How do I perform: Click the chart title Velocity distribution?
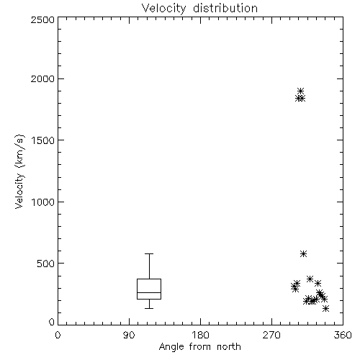click(x=199, y=9)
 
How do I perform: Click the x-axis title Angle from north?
click(x=199, y=347)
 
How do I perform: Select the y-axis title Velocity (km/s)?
click(x=19, y=171)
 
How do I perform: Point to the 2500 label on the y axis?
click(x=42, y=19)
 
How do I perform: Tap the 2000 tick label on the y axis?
click(x=42, y=78)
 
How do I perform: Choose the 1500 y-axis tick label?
click(x=43, y=140)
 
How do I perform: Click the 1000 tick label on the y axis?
click(x=43, y=202)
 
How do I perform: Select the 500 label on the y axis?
click(x=46, y=264)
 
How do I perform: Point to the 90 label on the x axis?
click(x=129, y=335)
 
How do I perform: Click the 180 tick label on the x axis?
click(x=200, y=335)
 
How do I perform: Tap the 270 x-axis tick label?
click(x=271, y=335)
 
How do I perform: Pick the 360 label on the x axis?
click(x=343, y=335)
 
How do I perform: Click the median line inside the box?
click(x=149, y=292)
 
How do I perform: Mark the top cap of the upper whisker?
click(x=149, y=253)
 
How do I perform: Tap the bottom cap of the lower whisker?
click(x=149, y=308)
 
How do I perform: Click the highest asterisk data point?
click(x=301, y=91)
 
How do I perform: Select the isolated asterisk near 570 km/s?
click(x=304, y=253)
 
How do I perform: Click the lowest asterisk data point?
click(x=325, y=309)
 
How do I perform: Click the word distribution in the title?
click(x=225, y=9)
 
